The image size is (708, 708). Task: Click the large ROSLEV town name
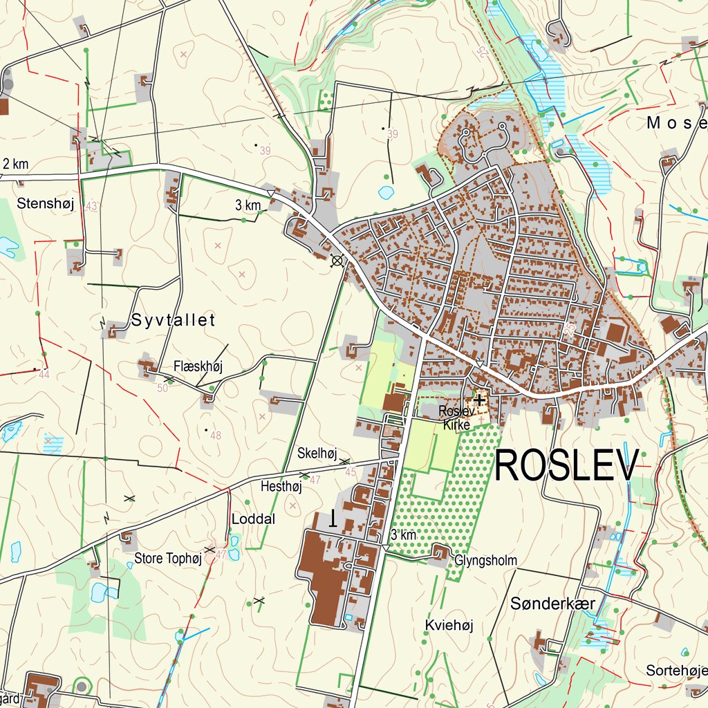click(x=566, y=466)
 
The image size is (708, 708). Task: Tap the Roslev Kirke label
click(x=455, y=418)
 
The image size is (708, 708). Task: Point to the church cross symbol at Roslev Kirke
click(x=478, y=399)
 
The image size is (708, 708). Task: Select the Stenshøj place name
click(x=46, y=203)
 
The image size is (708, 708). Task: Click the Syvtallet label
click(x=173, y=320)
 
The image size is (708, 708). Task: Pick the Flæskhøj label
click(x=198, y=366)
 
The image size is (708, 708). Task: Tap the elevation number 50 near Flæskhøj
click(x=163, y=388)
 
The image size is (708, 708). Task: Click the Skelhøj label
click(x=317, y=454)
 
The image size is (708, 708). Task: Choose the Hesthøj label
click(x=281, y=487)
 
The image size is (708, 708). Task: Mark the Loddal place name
click(x=253, y=519)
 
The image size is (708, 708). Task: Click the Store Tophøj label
click(x=167, y=559)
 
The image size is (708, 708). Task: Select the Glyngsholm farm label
click(x=485, y=560)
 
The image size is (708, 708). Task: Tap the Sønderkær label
click(x=552, y=604)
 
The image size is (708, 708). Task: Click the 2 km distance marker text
click(x=15, y=164)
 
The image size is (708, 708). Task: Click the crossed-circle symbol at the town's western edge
click(x=337, y=261)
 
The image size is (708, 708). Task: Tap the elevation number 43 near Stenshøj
click(x=91, y=206)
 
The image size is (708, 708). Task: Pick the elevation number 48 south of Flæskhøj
click(x=216, y=436)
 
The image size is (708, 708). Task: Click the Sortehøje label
click(x=676, y=670)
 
